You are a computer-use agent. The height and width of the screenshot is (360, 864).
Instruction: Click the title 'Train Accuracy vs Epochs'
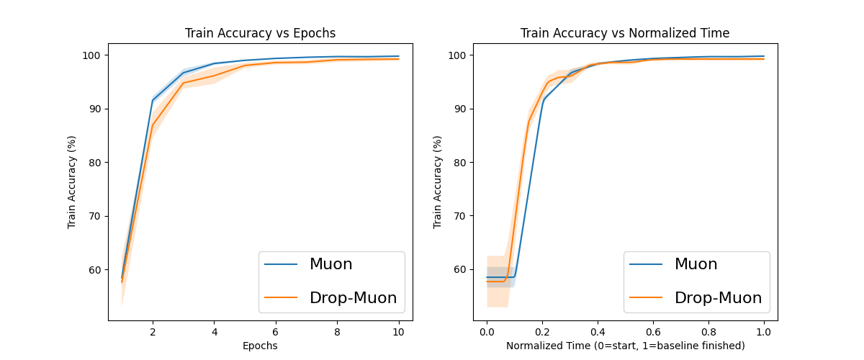260,33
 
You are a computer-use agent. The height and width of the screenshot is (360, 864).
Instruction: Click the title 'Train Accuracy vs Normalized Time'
625,33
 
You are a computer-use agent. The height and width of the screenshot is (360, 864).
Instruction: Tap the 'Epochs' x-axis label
260,346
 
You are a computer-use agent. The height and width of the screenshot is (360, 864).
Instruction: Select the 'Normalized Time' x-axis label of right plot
625,346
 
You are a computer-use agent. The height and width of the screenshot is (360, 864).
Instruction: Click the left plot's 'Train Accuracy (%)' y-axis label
72,182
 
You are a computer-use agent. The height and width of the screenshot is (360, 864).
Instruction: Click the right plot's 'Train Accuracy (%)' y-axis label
437,182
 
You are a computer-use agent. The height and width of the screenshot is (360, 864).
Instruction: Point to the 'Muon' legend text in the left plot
330,264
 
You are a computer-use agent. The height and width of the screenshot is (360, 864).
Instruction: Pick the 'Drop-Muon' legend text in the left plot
353,297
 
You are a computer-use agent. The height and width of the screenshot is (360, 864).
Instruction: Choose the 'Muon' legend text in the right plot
696,264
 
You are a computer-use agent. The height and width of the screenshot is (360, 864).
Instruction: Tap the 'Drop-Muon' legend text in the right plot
718,297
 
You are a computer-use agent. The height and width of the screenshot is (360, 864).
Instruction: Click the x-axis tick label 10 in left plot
398,332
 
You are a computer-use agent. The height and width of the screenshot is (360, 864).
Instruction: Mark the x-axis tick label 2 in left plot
153,332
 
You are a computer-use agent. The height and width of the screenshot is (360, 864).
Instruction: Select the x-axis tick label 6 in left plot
275,332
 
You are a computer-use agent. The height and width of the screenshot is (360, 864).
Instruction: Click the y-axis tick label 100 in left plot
96,55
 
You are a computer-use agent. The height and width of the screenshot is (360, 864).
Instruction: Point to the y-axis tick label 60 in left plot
99,270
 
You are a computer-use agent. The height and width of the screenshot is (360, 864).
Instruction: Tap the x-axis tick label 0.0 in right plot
487,332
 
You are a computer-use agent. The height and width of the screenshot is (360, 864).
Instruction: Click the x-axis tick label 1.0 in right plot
764,332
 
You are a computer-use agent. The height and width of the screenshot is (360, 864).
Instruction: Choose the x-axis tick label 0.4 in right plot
598,332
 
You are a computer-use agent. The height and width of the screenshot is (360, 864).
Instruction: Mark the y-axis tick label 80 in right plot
464,163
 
